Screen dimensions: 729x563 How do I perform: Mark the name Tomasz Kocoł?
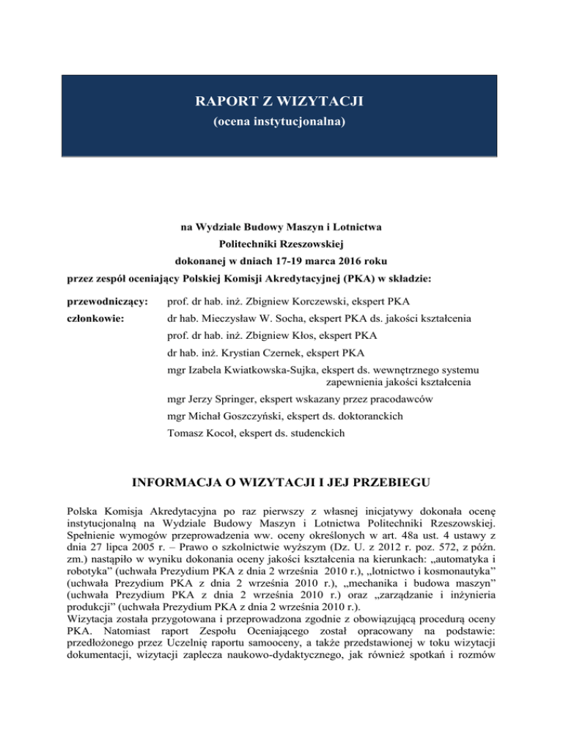[202, 434]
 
